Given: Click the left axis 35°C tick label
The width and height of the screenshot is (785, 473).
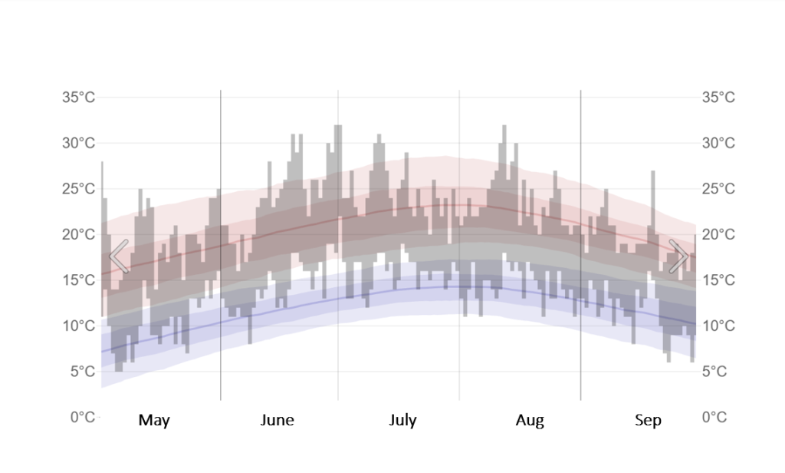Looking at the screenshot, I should tap(78, 98).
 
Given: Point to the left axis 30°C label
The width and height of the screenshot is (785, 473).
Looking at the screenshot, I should tap(78, 143).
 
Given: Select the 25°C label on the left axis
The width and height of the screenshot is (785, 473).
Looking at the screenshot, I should tap(78, 189).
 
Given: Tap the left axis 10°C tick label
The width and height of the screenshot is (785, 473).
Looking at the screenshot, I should tap(78, 326).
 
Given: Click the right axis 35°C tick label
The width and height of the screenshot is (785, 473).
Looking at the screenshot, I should tap(718, 98).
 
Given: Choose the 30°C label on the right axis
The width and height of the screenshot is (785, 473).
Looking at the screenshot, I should tap(718, 143).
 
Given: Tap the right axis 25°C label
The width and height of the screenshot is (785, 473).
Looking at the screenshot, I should tap(718, 189).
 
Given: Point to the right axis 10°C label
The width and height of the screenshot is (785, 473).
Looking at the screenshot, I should tap(718, 326).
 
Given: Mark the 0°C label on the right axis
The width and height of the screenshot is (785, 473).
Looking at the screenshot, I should tap(714, 417).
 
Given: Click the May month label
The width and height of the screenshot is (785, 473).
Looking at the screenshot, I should tap(154, 420).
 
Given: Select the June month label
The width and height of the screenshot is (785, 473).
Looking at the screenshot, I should tap(277, 420).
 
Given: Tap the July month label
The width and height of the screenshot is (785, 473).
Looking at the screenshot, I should tap(402, 420).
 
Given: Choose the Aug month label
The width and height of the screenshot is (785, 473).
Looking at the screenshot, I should tap(530, 420).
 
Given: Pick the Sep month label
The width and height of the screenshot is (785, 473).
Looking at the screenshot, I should tap(648, 420).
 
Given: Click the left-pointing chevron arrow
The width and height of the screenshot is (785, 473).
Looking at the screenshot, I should tap(119, 256).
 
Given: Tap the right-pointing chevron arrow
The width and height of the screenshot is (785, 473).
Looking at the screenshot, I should tap(678, 256).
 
